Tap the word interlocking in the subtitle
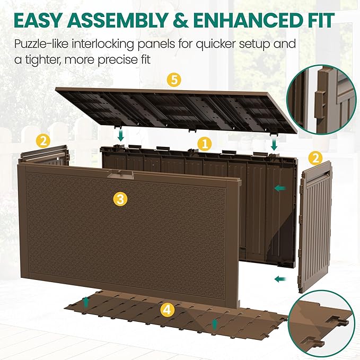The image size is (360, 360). coord(112,44)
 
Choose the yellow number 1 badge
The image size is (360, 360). coord(204,143)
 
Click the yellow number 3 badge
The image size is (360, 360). coord(120,199)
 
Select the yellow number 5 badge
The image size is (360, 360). coord(173,81)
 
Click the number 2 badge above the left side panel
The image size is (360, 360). coord(43,141)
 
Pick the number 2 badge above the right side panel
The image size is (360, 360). coord(315,158)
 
